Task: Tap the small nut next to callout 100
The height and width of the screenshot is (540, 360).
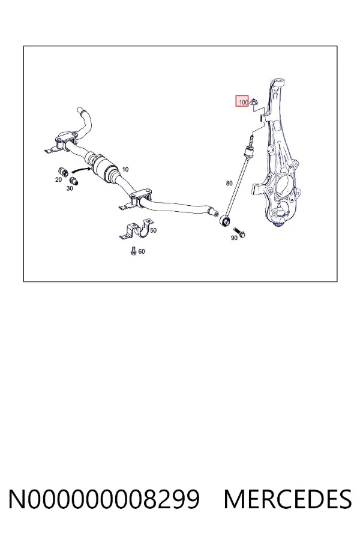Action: tap(253, 102)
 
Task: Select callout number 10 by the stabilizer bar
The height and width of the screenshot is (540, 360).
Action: tap(125, 169)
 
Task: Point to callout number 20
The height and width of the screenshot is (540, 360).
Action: tap(58, 179)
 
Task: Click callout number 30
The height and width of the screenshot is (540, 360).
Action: tap(70, 188)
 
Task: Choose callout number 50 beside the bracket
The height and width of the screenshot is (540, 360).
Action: tap(154, 230)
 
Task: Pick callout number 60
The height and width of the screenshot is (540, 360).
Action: tap(142, 251)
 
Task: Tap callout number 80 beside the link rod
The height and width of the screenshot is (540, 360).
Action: tap(229, 183)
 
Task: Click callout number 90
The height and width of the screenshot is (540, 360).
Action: tap(234, 238)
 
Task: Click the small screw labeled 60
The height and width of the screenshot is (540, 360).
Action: tap(134, 251)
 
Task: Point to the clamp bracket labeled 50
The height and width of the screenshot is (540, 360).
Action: tap(136, 229)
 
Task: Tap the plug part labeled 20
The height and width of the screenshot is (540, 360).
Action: tap(62, 171)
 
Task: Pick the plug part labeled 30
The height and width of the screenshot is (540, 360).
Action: tap(74, 181)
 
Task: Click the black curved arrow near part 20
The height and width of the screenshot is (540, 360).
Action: tap(82, 170)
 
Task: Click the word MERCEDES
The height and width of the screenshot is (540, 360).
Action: tap(287, 499)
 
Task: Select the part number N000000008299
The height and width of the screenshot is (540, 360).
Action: tap(104, 499)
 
